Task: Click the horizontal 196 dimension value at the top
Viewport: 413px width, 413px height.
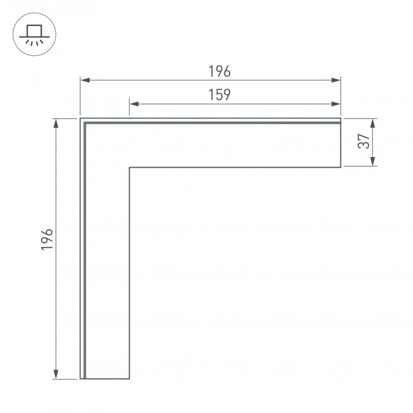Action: pos(219,71)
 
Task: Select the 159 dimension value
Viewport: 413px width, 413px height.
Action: pos(219,95)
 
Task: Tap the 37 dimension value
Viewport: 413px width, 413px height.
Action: pos(364,141)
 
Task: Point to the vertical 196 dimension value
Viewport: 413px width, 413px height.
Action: pos(47,239)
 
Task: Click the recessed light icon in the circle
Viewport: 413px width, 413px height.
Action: pos(34,36)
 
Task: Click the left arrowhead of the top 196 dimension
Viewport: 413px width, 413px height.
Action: pos(85,80)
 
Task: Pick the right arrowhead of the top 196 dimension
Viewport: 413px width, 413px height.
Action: pos(336,80)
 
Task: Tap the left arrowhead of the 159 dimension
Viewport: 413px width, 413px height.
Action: pos(134,104)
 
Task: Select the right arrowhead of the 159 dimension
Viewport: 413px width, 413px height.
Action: pos(336,104)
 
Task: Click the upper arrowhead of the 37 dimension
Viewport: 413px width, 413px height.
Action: pos(373,123)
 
